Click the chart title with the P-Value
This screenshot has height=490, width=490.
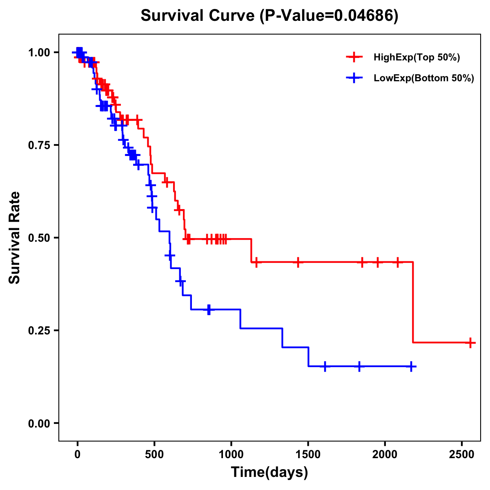pos(269,16)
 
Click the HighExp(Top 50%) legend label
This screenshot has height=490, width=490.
pos(416,58)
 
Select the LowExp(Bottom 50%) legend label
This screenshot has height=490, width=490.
pos(424,78)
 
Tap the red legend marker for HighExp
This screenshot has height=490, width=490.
pos(354,58)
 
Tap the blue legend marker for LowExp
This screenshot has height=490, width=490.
pos(354,78)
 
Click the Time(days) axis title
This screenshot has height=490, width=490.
pos(269,472)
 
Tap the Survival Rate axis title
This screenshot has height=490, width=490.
pos(15,238)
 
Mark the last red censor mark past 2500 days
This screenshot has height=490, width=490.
pos(470,343)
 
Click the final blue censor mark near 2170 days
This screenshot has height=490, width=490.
pos(411,366)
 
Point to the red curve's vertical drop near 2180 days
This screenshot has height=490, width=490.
pos(413,302)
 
